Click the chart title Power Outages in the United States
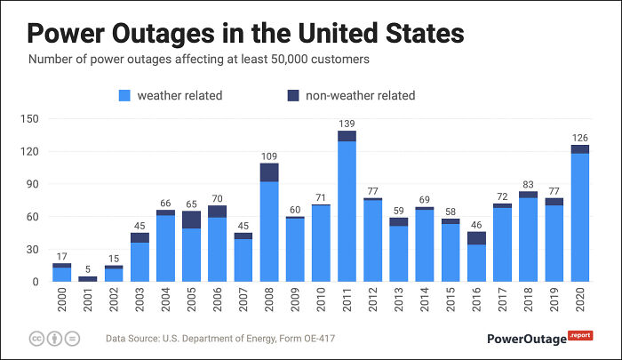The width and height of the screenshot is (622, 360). [245, 33]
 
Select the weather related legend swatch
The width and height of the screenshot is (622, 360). [124, 95]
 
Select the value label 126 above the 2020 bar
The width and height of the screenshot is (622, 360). [580, 137]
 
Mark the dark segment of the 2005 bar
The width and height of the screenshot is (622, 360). [191, 220]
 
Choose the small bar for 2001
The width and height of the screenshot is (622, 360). [87, 279]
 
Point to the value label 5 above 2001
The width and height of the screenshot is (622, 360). [87, 268]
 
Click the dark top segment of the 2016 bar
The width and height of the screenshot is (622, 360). [476, 238]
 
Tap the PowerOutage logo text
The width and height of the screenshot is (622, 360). [527, 339]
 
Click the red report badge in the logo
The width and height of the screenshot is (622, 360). [580, 335]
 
